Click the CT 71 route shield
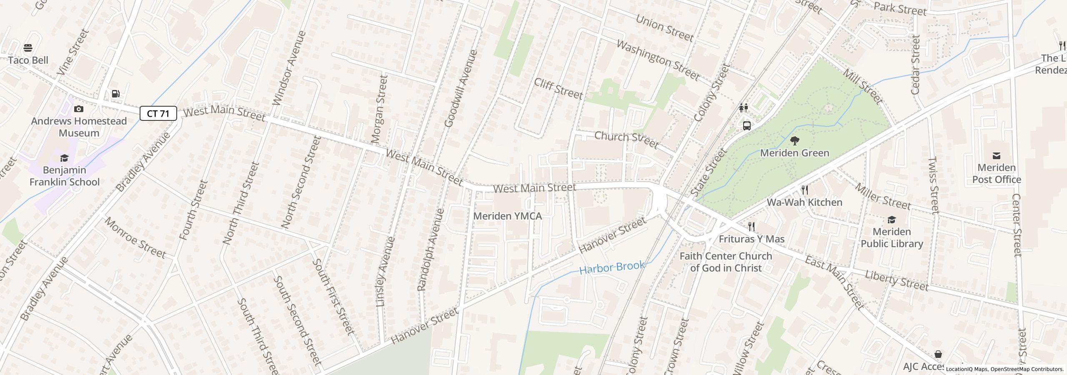coord(158,113)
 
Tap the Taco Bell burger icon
coord(28,48)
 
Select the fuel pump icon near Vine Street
coord(116,94)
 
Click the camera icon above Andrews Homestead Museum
coord(78,109)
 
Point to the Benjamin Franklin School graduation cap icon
coord(64,158)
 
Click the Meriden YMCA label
coord(508,216)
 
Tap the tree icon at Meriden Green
coord(794,141)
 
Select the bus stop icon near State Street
coord(747,125)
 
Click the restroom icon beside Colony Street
coord(743,108)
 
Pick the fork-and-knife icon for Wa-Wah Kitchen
coord(805,190)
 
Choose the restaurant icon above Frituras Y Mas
coord(751,227)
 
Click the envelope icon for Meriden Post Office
coord(996,156)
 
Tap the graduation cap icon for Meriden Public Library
coord(892,220)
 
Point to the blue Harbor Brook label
coord(612,267)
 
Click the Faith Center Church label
coord(726,262)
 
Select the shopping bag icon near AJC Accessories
coord(938,354)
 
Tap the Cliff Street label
coord(558,88)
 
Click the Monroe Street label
coord(135,237)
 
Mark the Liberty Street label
coord(897,280)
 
